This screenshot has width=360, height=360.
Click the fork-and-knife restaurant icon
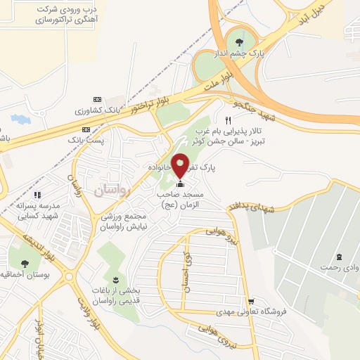[228, 120]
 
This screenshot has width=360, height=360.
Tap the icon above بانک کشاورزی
[97, 99]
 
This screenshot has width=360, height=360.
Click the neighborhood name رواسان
[109, 191]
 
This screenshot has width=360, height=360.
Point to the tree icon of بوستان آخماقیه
[25, 264]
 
